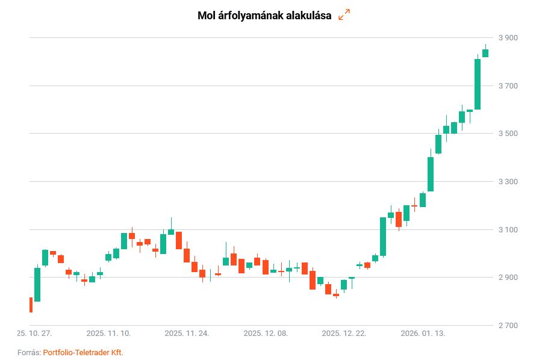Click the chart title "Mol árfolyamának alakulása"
264,16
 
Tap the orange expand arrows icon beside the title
344,15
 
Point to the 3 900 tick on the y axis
507,38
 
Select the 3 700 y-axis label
507,86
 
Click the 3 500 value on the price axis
507,134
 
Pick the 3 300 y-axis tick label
507,182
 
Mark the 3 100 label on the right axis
507,230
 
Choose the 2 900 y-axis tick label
507,278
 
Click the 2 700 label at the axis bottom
507,326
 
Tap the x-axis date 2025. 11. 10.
108,333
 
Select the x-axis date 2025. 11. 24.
187,333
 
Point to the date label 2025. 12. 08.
266,333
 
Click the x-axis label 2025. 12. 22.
344,333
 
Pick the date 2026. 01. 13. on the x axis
423,333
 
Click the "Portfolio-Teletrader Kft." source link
83,352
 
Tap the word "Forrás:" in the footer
29,352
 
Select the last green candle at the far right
485,53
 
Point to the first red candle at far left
31,305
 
